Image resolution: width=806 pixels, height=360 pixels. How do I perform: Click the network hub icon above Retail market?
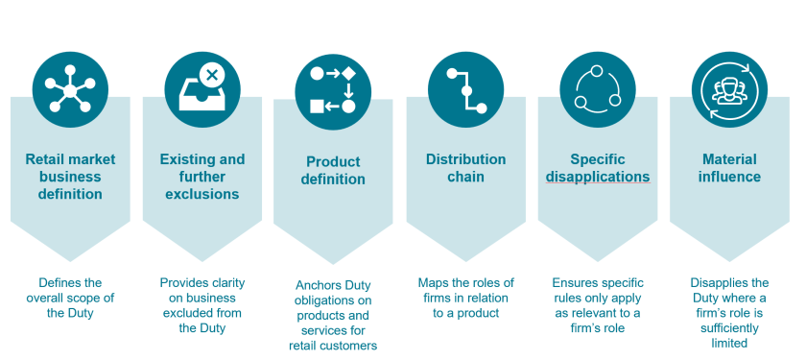[70, 89]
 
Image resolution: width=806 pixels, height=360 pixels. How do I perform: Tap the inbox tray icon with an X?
[202, 89]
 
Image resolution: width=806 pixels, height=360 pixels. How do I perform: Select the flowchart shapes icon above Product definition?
[333, 91]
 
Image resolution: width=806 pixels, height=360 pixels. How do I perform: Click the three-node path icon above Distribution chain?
[465, 89]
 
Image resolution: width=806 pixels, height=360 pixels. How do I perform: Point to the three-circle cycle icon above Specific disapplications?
[597, 89]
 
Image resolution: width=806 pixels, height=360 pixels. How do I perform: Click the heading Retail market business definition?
[70, 177]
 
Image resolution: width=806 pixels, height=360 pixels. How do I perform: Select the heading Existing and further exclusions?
[202, 177]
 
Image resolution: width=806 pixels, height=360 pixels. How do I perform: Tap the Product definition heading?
[333, 170]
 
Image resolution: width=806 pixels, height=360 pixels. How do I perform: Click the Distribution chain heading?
[465, 168]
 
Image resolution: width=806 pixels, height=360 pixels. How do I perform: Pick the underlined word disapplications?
[598, 177]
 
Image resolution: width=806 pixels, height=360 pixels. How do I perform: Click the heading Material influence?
[729, 168]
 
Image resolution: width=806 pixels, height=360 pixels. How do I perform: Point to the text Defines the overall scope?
[70, 290]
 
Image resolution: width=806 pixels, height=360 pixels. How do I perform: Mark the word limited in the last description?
[729, 343]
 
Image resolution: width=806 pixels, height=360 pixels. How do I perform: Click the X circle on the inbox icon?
[212, 76]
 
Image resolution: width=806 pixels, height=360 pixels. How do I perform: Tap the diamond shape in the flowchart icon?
[348, 74]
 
